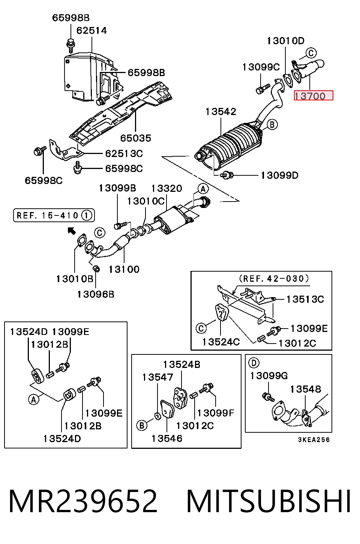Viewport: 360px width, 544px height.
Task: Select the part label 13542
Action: [221, 112]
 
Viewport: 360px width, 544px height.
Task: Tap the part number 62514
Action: [91, 31]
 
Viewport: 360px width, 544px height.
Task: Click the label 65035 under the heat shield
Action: [136, 138]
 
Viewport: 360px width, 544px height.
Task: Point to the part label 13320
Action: [167, 188]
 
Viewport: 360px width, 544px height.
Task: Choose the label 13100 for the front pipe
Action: [124, 269]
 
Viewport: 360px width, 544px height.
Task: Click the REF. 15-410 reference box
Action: [54, 215]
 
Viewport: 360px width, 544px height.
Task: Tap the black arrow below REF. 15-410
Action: [72, 231]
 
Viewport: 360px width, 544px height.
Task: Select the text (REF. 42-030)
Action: [274, 278]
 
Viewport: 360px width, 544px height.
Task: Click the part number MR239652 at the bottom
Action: [83, 501]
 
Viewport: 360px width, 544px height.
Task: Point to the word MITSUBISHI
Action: [268, 501]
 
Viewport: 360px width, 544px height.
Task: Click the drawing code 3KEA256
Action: [314, 440]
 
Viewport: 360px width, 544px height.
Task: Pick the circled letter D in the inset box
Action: [254, 363]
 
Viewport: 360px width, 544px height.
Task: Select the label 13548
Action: [306, 389]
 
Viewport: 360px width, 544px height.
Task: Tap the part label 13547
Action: [157, 377]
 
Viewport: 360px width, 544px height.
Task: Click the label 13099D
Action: [279, 175]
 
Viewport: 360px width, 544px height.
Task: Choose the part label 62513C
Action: [124, 154]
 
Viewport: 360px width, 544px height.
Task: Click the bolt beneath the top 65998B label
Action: [70, 45]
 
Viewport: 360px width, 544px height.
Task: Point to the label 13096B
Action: [96, 294]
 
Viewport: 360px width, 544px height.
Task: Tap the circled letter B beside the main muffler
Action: [272, 125]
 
